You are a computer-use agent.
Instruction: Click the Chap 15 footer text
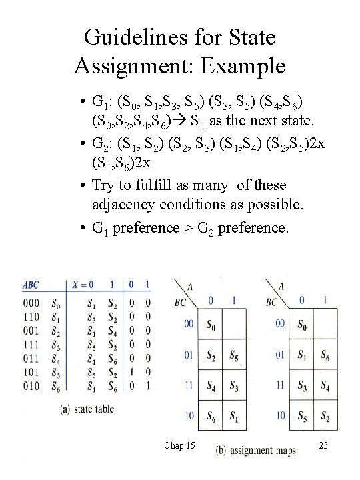179,445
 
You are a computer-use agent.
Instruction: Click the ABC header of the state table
31,285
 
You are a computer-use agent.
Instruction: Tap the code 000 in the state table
30,303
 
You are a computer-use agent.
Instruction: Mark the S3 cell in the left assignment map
234,385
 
